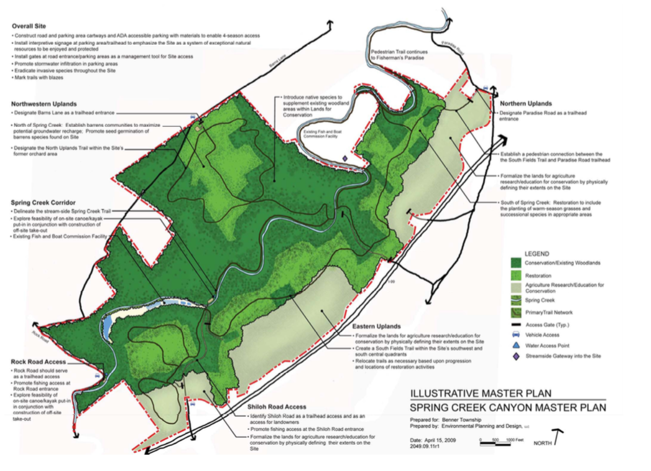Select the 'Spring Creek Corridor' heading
click(42, 203)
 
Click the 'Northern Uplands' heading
click(525, 103)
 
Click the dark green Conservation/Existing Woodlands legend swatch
click(515, 263)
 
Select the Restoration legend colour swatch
click(515, 274)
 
